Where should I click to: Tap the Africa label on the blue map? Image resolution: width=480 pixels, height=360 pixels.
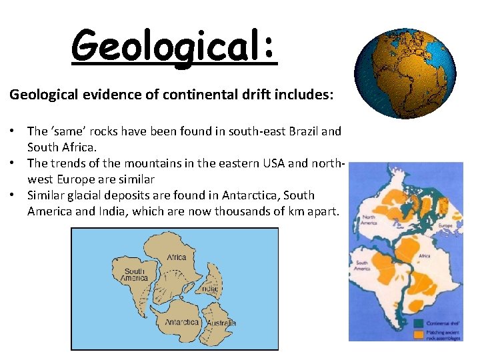click(177, 257)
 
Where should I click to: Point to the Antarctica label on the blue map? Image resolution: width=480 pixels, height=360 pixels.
click(182, 322)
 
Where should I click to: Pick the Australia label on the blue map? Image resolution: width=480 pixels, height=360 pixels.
click(221, 323)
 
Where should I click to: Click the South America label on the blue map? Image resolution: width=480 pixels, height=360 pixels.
click(135, 275)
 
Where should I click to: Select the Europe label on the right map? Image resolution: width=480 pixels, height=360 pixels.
click(446, 226)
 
